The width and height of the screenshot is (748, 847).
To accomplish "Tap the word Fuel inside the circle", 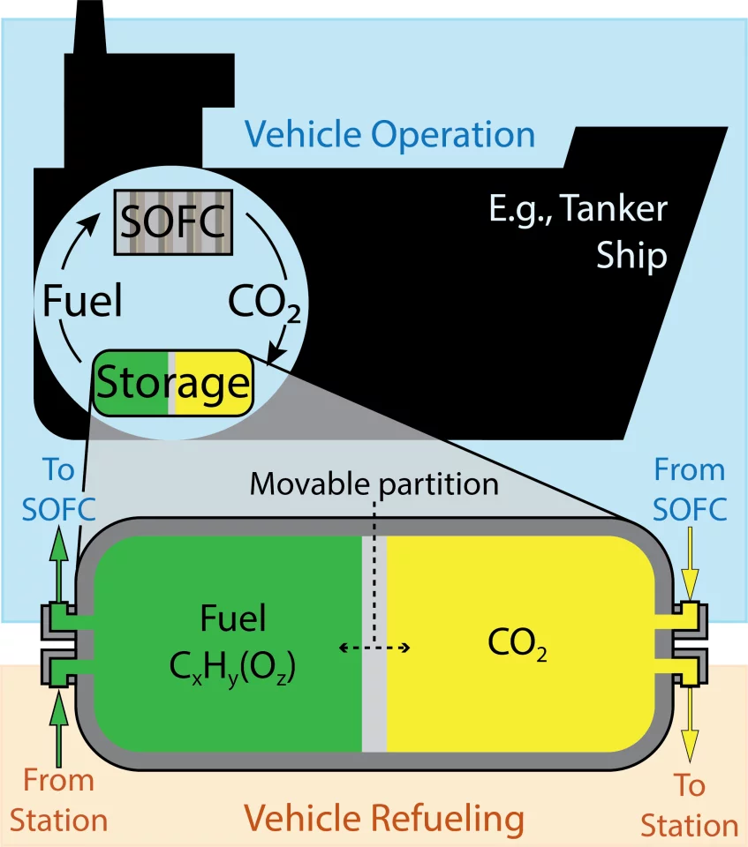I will pos(82,302).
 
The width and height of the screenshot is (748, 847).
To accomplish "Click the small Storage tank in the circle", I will pos(173,383).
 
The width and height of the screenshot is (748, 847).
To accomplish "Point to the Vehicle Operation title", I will pos(389,135).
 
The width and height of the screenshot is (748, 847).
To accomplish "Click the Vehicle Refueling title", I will pos(383,818).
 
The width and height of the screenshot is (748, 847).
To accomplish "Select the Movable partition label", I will pos(374,483).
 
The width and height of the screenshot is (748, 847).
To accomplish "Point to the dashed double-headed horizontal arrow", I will pos(374,648).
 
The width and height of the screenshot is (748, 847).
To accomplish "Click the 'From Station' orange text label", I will pos(59,800).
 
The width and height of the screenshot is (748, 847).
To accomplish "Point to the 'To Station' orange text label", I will pos(689,806).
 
